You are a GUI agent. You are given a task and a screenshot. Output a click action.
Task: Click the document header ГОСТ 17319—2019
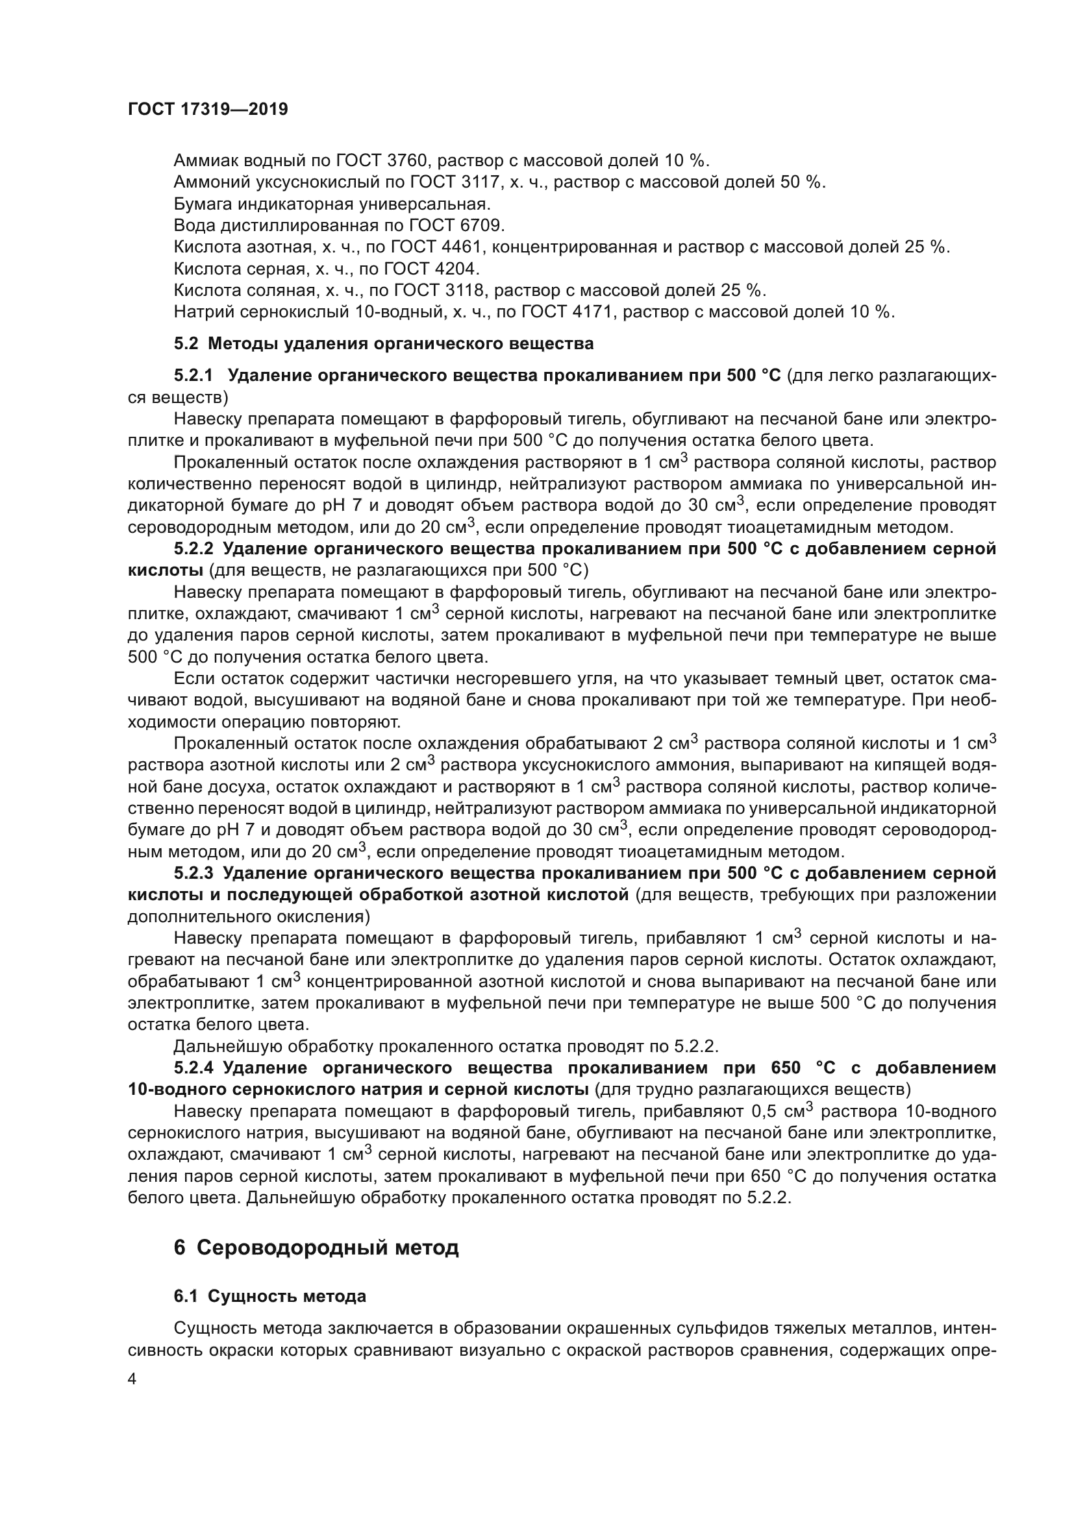point(208,109)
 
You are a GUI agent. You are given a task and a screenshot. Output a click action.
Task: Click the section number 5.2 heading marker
point(186,344)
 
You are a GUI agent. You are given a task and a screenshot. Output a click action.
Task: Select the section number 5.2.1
point(194,376)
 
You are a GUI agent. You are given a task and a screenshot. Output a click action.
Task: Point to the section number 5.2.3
point(194,874)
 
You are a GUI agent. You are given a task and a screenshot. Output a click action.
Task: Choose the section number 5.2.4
point(194,1068)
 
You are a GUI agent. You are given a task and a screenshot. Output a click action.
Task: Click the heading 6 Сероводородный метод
point(316,1247)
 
